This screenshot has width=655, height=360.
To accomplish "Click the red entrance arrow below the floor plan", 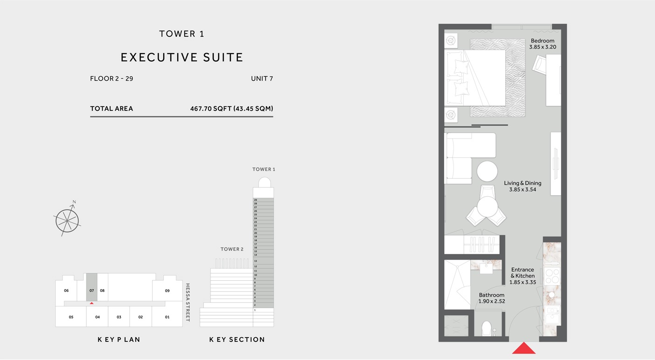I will point(524,348).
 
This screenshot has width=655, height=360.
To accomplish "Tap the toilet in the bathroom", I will point(487,329).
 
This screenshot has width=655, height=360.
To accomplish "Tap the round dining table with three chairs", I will point(487,207).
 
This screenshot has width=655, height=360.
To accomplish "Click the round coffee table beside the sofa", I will point(487,172).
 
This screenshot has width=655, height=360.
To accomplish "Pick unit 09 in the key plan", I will point(167,291).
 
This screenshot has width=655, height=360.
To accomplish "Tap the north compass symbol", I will point(68,220).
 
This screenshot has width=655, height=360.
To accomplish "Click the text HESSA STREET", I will point(188,303).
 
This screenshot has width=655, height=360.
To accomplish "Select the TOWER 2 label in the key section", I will point(232,249).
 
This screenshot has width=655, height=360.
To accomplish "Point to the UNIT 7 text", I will point(262,79).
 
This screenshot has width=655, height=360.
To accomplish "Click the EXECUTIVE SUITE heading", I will point(182,57).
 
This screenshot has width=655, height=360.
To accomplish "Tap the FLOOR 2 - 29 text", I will point(111,79).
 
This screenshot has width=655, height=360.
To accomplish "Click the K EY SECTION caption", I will point(237,340).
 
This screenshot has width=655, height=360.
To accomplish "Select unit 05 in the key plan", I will point(71,317).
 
